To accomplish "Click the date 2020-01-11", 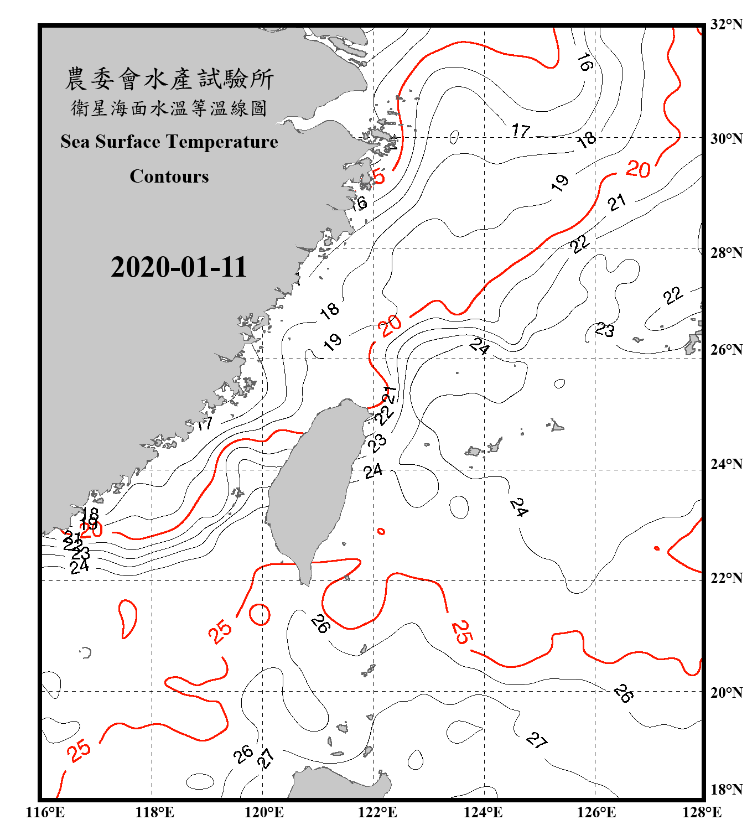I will pyautogui.click(x=178, y=267).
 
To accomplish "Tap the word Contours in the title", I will pyautogui.click(x=169, y=177).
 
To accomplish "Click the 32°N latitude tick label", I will pyautogui.click(x=726, y=24).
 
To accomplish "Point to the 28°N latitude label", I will pyautogui.click(x=726, y=253).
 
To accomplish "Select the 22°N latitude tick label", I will pyautogui.click(x=726, y=578).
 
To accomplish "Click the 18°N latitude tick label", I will pyautogui.click(x=726, y=790).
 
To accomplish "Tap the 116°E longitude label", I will pyautogui.click(x=45, y=812).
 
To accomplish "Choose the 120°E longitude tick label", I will pyautogui.click(x=264, y=812).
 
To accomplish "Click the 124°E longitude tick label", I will pyautogui.click(x=483, y=812).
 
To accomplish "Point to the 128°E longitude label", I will pyautogui.click(x=702, y=812).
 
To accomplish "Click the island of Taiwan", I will pyautogui.click(x=310, y=487).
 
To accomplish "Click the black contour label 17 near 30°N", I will pyautogui.click(x=521, y=131).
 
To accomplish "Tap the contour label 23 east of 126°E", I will pyautogui.click(x=604, y=330).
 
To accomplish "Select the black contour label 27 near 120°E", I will pyautogui.click(x=266, y=758).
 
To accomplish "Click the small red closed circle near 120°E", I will pyautogui.click(x=260, y=614).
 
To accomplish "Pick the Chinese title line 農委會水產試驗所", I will pyautogui.click(x=169, y=79).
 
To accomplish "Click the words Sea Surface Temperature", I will pyautogui.click(x=169, y=142).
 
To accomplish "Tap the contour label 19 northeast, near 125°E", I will pyautogui.click(x=560, y=182).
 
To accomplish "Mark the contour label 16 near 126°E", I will pyautogui.click(x=585, y=63).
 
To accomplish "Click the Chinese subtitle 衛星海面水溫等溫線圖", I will pyautogui.click(x=169, y=108).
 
